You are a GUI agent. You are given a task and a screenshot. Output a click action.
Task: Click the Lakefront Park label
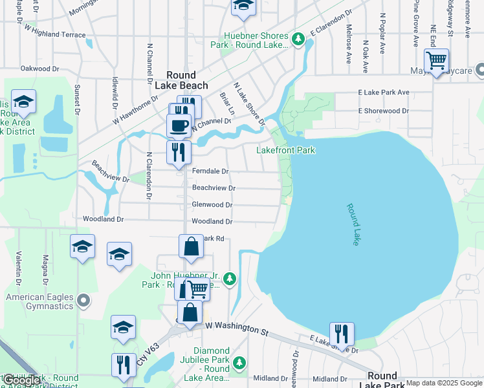pyautogui.click(x=285, y=150)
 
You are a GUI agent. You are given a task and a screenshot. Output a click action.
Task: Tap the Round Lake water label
pyautogui.click(x=353, y=224)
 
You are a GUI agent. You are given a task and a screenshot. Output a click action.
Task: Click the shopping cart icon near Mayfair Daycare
pyautogui.click(x=437, y=61)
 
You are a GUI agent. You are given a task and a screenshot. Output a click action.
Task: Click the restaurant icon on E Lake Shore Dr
pyautogui.click(x=342, y=334)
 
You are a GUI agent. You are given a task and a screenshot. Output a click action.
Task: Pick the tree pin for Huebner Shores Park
pyautogui.click(x=298, y=39)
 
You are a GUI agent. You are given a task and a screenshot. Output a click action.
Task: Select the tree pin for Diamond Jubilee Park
pyautogui.click(x=239, y=362)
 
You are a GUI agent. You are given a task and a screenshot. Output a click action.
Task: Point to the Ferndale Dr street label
pyautogui.click(x=210, y=171)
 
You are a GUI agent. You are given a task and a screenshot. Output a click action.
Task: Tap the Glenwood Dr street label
pyautogui.click(x=212, y=204)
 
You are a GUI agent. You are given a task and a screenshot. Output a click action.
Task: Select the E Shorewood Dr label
pyautogui.click(x=383, y=111)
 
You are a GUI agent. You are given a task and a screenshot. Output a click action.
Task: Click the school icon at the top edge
pyautogui.click(x=243, y=6)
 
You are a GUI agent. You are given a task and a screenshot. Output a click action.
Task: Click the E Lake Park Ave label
pyautogui.click(x=384, y=92)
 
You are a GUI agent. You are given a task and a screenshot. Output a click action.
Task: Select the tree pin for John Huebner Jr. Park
pyautogui.click(x=230, y=279)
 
